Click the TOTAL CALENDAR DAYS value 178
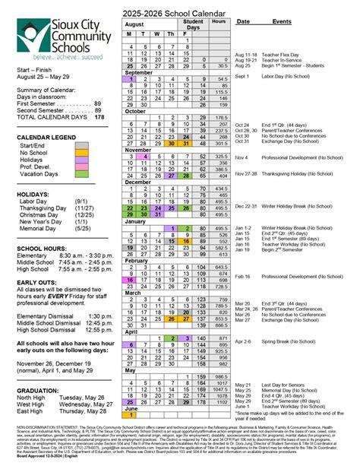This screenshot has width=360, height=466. click(99, 117)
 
